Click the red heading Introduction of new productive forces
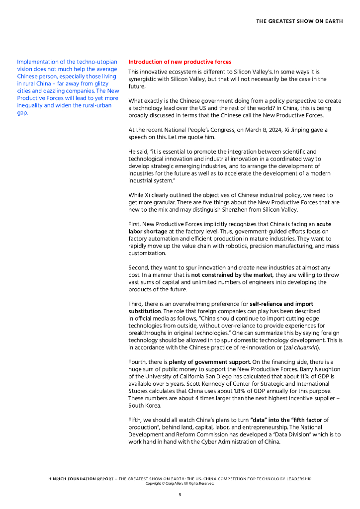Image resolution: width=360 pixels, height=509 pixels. pos(180,62)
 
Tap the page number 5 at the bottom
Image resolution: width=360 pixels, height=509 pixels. pos(180,495)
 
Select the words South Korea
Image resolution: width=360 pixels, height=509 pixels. pos(143,405)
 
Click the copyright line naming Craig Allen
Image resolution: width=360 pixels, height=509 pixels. pos(180,483)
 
